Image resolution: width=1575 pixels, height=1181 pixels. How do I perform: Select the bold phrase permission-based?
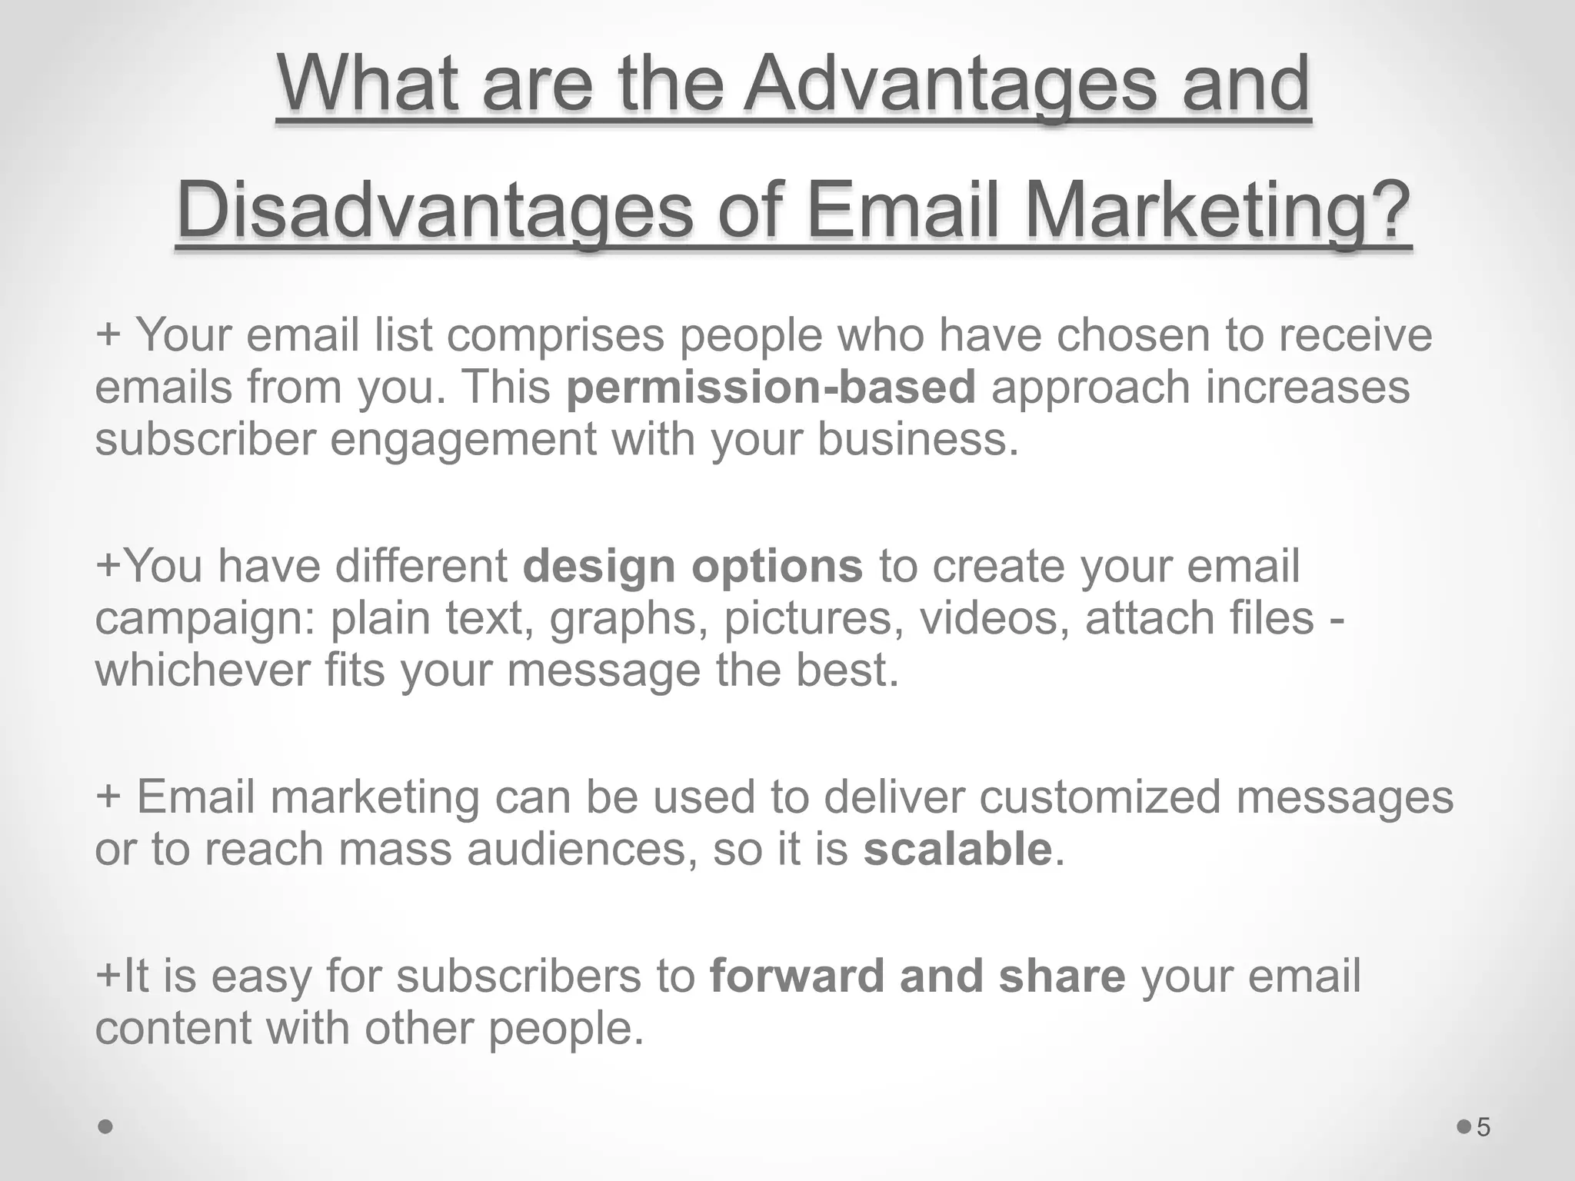(x=771, y=387)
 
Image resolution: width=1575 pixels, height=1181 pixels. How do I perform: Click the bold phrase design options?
(x=693, y=566)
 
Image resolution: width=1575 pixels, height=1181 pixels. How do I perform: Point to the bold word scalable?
(x=957, y=849)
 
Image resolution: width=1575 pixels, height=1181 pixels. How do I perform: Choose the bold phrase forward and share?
(x=917, y=976)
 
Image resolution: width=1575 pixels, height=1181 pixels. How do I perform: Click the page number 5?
(x=1483, y=1128)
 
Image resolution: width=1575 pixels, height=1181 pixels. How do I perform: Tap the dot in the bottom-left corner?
(x=106, y=1127)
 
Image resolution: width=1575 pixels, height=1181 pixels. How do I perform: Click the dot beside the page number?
(x=1463, y=1127)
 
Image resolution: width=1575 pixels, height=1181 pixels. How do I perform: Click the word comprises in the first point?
(x=555, y=335)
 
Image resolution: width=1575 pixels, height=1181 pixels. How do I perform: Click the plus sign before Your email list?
(x=108, y=335)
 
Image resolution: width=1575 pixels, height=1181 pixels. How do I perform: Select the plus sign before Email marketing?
(x=108, y=797)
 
